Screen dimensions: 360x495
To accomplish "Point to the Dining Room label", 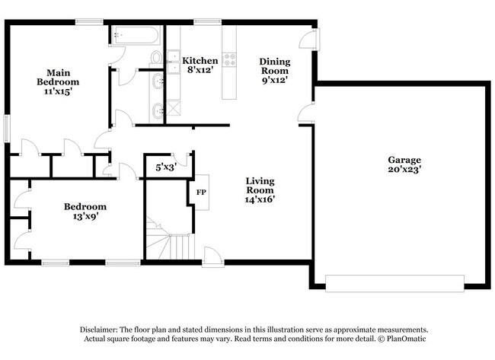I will [274, 66].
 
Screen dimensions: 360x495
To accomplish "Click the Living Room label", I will [260, 185].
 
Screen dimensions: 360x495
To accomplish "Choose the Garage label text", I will [404, 160].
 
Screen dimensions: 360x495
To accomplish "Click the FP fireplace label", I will [202, 193].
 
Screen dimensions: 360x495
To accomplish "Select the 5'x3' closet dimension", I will [166, 167].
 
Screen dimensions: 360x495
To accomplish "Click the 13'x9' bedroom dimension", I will [85, 216].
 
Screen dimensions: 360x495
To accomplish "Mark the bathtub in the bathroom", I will [136, 35].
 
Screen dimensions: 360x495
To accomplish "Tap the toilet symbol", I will [156, 58].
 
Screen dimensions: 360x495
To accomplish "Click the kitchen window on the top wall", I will [203, 21].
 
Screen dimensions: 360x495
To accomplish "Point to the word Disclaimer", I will [102, 328].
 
